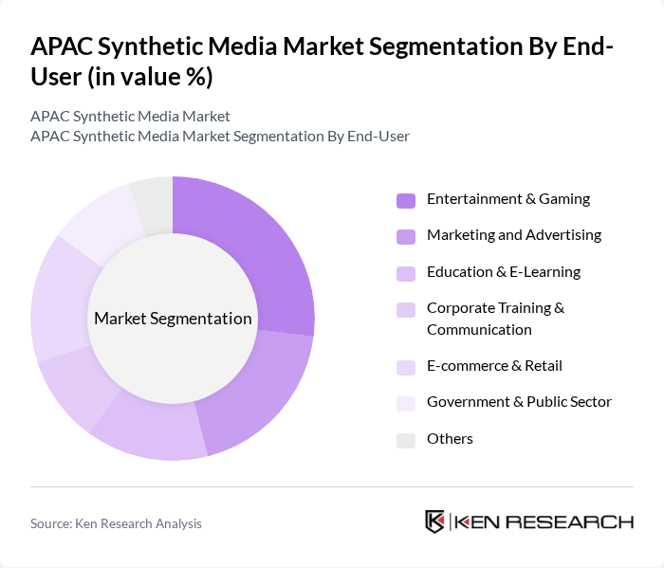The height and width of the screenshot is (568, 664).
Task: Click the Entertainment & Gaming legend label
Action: pyautogui.click(x=507, y=199)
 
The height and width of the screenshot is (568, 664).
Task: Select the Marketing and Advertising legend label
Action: pyautogui.click(x=513, y=235)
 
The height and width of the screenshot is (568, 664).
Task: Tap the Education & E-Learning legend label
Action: pyautogui.click(x=503, y=272)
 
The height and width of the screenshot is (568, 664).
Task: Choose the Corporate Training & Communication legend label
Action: pyautogui.click(x=495, y=319)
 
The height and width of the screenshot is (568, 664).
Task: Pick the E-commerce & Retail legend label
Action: pyautogui.click(x=494, y=366)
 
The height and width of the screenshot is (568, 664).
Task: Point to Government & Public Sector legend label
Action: pyautogui.click(x=519, y=402)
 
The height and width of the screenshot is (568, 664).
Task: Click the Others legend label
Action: pyautogui.click(x=450, y=439)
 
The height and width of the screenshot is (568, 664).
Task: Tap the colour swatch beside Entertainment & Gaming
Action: pyautogui.click(x=406, y=200)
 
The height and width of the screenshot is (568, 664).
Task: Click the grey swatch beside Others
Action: pyautogui.click(x=406, y=440)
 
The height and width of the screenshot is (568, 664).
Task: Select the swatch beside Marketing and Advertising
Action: pyautogui.click(x=406, y=236)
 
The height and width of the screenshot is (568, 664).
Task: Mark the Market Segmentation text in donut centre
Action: pyautogui.click(x=173, y=319)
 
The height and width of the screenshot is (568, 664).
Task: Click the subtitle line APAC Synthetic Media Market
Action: pyautogui.click(x=130, y=117)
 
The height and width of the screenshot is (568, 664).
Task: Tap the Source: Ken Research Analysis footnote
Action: pyautogui.click(x=116, y=523)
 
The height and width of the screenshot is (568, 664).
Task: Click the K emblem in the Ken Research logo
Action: pyautogui.click(x=435, y=522)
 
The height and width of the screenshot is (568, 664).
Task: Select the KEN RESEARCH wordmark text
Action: pyautogui.click(x=544, y=522)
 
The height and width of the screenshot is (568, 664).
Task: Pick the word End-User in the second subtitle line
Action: pyautogui.click(x=378, y=137)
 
